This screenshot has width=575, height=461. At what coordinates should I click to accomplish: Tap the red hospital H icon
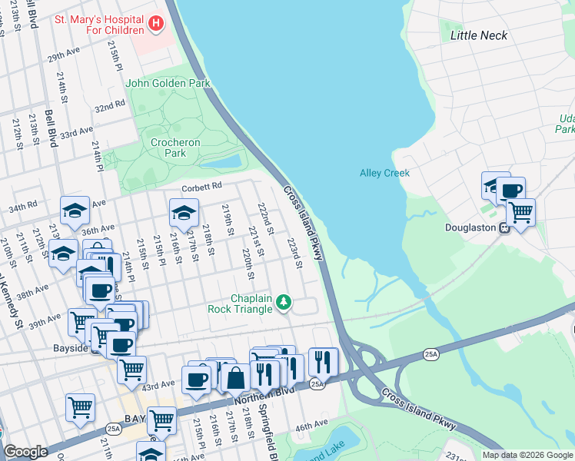[x=156, y=24]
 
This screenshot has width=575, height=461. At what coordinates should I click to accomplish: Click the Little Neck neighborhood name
[x=478, y=35]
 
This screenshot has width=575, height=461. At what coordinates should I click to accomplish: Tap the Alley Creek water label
[x=384, y=173]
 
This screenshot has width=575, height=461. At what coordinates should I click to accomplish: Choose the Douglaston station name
[x=471, y=227]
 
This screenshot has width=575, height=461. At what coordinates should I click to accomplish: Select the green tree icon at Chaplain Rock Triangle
[x=284, y=303]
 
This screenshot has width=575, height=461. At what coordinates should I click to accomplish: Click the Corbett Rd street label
[x=201, y=186]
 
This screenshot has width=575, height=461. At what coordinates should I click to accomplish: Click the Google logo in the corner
[x=25, y=452]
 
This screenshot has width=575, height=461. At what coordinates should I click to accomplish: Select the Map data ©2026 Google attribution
[x=527, y=455]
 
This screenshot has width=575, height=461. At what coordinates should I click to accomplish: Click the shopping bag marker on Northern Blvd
[x=236, y=378]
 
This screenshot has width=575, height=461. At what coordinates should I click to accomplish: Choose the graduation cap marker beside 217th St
[x=184, y=213]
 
